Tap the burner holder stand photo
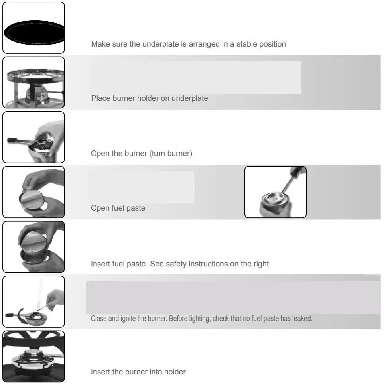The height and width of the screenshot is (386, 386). coord(33,83)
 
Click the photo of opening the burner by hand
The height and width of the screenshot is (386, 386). coord(33,138)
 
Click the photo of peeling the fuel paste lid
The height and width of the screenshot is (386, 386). coord(33,192)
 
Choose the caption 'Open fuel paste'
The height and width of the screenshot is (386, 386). coord(118,208)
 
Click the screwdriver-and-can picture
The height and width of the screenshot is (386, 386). coord(275,192)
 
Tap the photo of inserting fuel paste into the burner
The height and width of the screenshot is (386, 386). coord(33,247)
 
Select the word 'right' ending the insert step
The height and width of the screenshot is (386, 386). coord(261,264)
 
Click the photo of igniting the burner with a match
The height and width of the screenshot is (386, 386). coord(33,302)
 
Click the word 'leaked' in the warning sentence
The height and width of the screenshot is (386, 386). coord(302,319)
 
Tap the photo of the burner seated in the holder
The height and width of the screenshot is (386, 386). coord(33,356)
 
